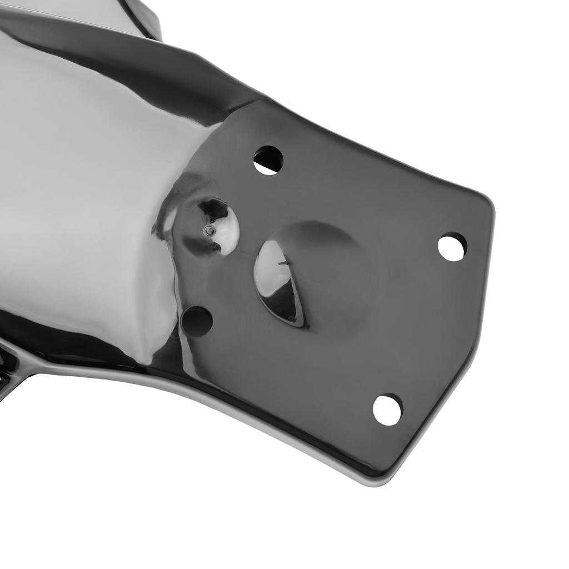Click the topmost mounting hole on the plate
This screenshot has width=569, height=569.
268,160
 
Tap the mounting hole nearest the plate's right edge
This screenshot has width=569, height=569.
452,247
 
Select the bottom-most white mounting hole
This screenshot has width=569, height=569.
387,410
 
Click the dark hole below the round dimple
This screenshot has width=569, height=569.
197,321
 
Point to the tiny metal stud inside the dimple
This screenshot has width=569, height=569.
209,229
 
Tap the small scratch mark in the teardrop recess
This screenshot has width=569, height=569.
284,263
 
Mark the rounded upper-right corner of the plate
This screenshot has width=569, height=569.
485,201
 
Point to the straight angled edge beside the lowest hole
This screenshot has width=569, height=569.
439,400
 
